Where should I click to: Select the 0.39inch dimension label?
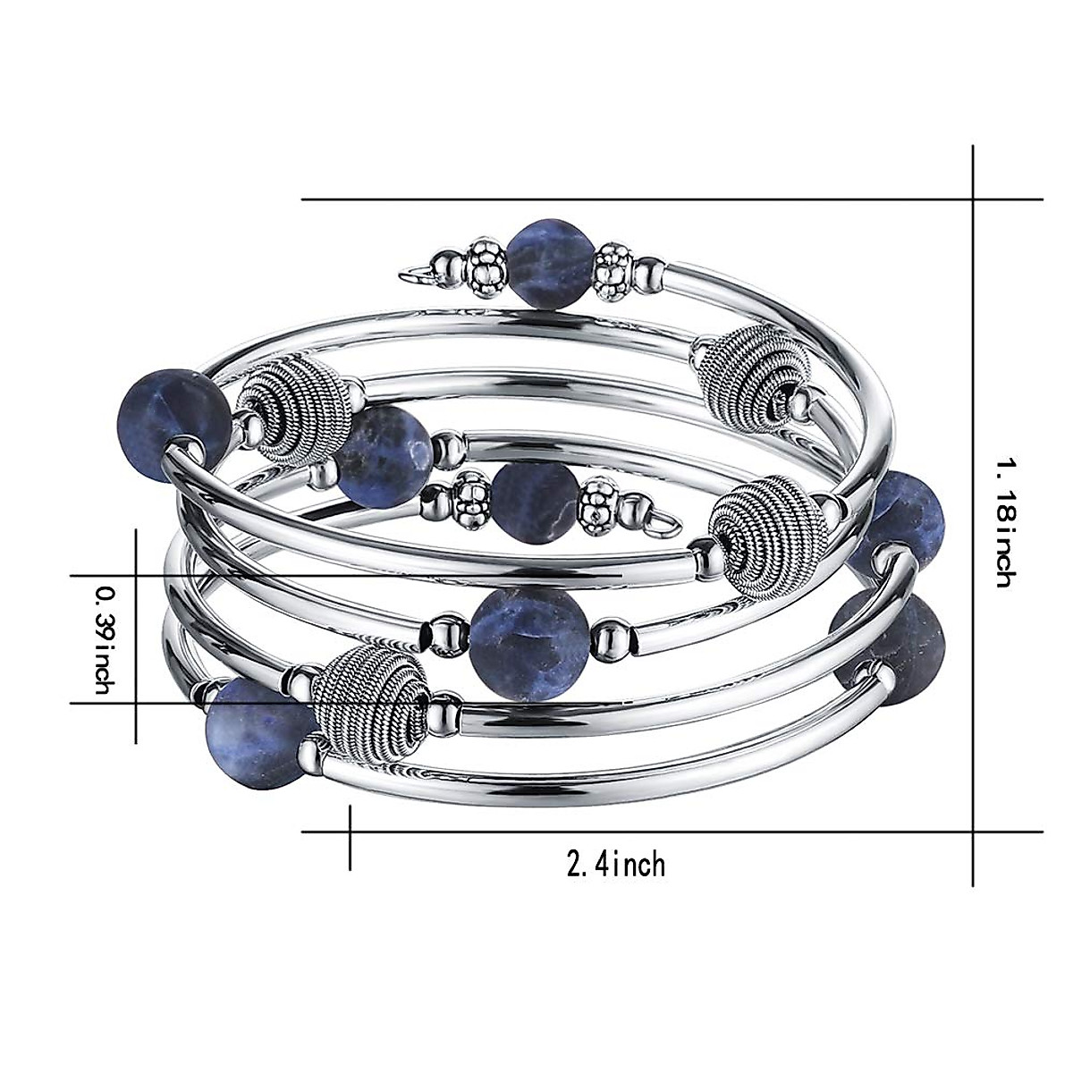click(x=106, y=638)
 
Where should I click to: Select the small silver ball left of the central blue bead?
click(x=444, y=634)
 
